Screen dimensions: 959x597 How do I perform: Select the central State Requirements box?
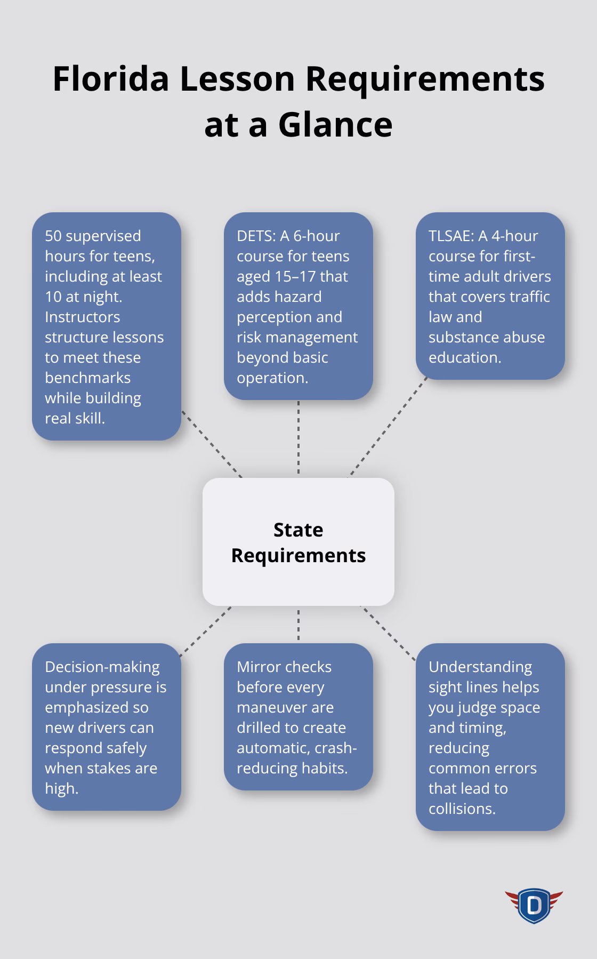click(x=298, y=541)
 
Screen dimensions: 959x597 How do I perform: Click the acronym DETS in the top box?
click(x=255, y=236)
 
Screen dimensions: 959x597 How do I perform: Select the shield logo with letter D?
click(x=534, y=905)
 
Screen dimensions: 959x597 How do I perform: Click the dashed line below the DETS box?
click(x=298, y=437)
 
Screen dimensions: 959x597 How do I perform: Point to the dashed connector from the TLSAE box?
click(x=388, y=427)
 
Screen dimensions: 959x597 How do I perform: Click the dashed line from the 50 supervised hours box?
click(x=212, y=444)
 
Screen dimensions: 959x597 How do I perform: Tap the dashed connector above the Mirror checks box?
click(x=298, y=625)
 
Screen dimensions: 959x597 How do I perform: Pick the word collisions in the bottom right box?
click(x=462, y=809)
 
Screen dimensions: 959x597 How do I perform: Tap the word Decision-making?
click(x=102, y=667)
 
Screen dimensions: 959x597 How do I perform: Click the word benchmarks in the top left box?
click(x=87, y=378)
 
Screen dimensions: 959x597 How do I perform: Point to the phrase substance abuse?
click(x=486, y=337)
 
